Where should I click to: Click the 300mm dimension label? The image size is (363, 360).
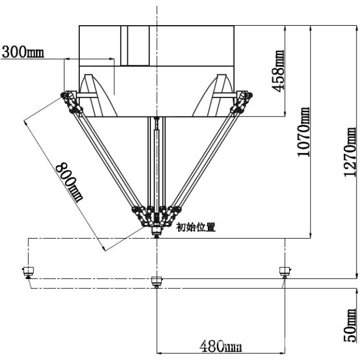click(x=23, y=52)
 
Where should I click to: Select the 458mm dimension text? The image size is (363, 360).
click(x=277, y=71)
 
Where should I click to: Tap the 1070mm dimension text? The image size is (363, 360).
click(x=303, y=132)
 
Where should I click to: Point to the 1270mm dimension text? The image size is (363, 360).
click(x=349, y=152)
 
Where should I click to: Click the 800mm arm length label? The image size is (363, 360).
click(x=69, y=182)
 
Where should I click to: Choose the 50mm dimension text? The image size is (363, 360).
click(x=349, y=325)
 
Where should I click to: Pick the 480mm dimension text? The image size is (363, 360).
click(x=220, y=346)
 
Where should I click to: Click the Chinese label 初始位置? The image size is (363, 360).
click(x=196, y=227)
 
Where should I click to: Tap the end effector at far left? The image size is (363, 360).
click(x=28, y=272)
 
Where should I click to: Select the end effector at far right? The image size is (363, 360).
click(x=285, y=271)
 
